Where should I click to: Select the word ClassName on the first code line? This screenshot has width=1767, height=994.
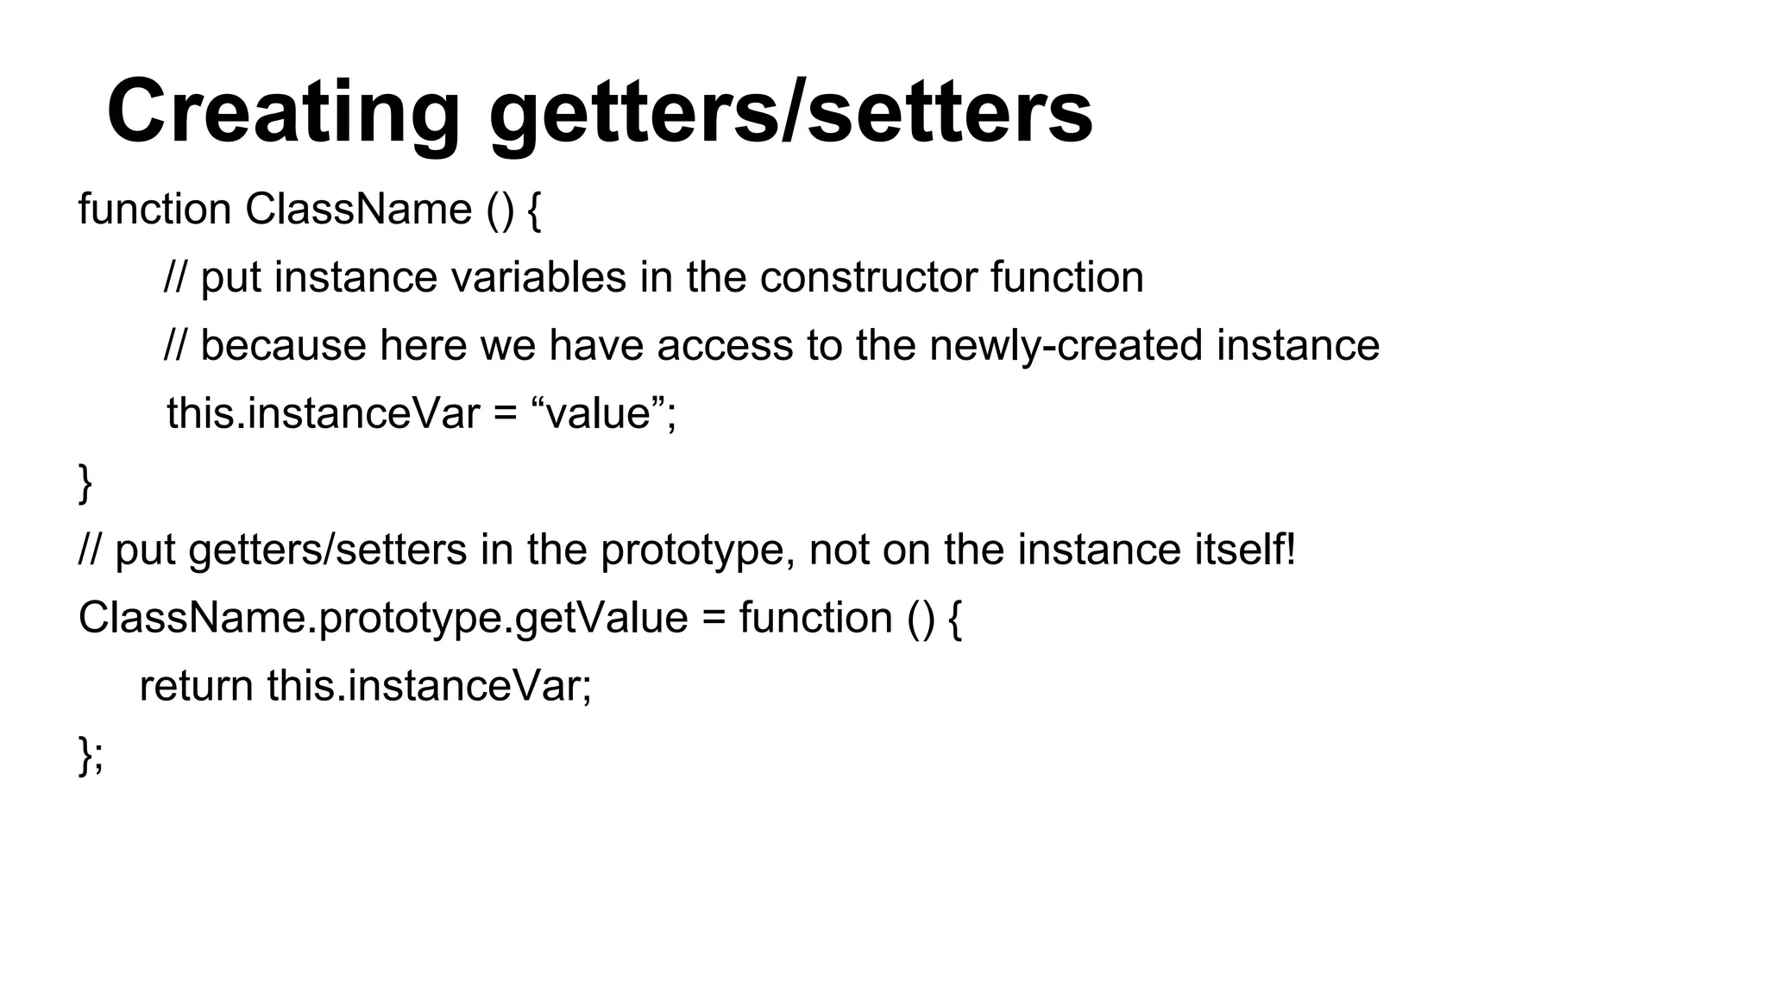(358, 210)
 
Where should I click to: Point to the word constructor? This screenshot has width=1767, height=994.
(868, 278)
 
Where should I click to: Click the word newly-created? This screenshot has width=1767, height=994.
(1066, 346)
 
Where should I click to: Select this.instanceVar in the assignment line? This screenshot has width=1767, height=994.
(323, 413)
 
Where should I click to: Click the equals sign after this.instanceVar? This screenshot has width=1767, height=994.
(506, 415)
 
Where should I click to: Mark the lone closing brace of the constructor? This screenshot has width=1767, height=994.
(85, 482)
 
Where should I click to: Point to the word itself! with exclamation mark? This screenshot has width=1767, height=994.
(1244, 550)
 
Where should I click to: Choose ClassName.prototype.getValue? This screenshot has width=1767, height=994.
(383, 619)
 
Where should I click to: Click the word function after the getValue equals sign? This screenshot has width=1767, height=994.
(815, 619)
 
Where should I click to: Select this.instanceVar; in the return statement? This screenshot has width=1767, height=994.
(430, 687)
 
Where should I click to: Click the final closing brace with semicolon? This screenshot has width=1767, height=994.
(91, 755)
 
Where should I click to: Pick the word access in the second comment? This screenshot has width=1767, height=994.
(725, 346)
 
